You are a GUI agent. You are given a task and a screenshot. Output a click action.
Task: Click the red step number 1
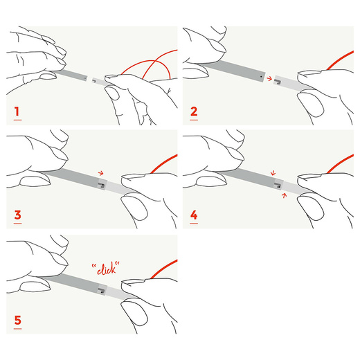tap(17, 111)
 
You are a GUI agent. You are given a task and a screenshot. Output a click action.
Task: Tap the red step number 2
tap(194, 111)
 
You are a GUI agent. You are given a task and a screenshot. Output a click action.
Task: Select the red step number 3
tap(17, 215)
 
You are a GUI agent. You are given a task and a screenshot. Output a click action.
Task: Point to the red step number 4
tap(194, 215)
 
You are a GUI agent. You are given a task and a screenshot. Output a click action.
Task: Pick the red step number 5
tap(17, 320)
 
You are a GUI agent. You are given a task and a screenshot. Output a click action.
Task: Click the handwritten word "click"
tap(106, 269)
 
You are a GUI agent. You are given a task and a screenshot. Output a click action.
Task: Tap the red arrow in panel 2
tap(269, 79)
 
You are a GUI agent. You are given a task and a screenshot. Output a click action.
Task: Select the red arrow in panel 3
tap(101, 173)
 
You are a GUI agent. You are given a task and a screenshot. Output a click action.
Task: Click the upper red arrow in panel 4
tap(273, 173)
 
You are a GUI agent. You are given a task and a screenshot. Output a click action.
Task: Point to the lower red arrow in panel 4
tap(284, 195)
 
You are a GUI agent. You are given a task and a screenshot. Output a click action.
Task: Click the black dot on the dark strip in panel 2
tap(261, 76)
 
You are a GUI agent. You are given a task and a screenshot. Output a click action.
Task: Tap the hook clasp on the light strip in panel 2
tap(278, 82)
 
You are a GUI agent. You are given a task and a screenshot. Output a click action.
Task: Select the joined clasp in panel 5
tap(101, 291)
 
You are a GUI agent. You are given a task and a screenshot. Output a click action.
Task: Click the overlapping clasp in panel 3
tap(101, 185)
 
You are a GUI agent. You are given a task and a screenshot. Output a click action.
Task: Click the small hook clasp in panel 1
tap(94, 81)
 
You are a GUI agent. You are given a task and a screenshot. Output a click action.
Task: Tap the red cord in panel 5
tap(163, 269)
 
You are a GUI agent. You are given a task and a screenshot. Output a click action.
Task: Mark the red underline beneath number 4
tap(194, 224)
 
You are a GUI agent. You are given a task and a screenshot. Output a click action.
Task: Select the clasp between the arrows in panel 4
tap(278, 185)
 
